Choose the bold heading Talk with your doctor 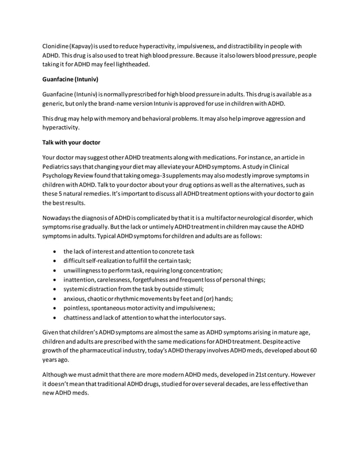point(72,143)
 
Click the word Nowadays point(60,218)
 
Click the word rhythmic point(142,298)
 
